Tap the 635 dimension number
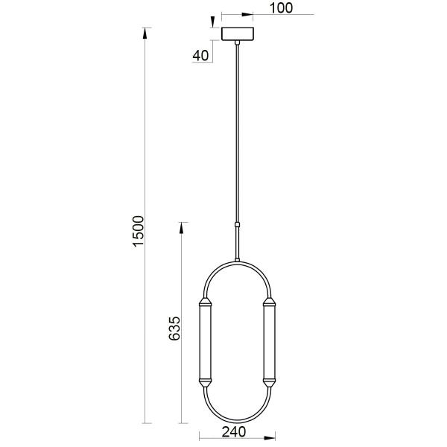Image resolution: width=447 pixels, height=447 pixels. click(175, 329)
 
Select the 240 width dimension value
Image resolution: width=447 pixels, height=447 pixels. click(234, 431)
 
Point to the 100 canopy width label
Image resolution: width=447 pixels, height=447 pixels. click(280, 8)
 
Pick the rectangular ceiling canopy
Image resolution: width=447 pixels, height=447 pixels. click(238, 34)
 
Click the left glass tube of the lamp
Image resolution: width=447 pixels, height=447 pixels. click(206, 343)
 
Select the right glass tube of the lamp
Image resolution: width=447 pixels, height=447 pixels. click(269, 343)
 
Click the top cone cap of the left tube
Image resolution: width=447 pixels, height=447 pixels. click(206, 302)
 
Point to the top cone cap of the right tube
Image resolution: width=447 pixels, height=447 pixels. click(269, 302)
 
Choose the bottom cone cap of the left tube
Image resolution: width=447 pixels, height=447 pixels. click(206, 383)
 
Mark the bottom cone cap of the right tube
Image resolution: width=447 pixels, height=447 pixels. click(269, 383)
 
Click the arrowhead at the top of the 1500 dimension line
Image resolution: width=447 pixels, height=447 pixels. click(147, 32)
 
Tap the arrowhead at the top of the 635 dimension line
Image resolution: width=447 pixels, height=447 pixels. click(181, 226)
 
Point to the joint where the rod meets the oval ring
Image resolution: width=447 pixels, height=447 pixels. click(238, 259)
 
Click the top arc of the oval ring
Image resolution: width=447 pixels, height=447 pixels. click(238, 262)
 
